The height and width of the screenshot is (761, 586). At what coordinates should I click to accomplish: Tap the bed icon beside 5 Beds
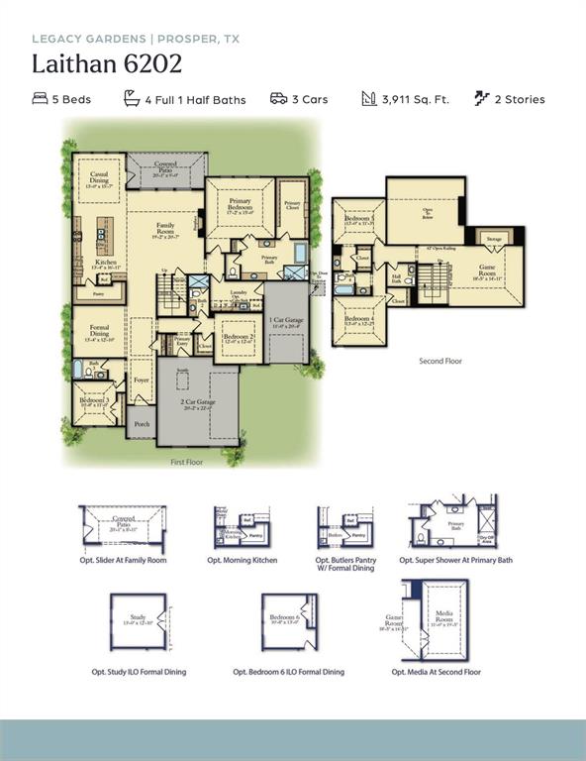40,99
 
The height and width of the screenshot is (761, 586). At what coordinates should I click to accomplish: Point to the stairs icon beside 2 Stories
481,98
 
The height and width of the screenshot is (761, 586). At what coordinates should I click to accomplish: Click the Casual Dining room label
99,176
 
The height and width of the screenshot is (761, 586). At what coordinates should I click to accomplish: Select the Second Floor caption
440,362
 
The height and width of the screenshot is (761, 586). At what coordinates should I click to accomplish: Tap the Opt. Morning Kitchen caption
242,560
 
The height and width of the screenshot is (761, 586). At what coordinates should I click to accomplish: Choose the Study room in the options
138,621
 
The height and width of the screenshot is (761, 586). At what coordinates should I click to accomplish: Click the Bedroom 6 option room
287,621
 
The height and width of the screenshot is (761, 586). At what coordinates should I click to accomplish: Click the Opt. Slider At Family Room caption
123,560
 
